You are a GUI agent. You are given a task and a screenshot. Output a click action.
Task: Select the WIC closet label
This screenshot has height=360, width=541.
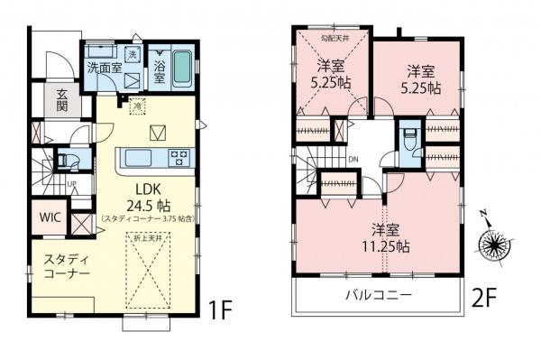[50, 218]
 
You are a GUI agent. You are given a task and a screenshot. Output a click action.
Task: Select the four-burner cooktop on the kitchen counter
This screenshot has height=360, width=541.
[179, 158]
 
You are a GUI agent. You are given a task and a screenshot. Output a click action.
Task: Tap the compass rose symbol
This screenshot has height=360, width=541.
[495, 244]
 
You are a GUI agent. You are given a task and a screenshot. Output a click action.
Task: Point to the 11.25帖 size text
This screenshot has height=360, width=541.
[389, 245]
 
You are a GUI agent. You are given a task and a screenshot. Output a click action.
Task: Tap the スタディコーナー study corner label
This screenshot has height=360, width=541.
[66, 265]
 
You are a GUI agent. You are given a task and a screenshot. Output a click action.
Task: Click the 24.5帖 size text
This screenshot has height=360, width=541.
[149, 205]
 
